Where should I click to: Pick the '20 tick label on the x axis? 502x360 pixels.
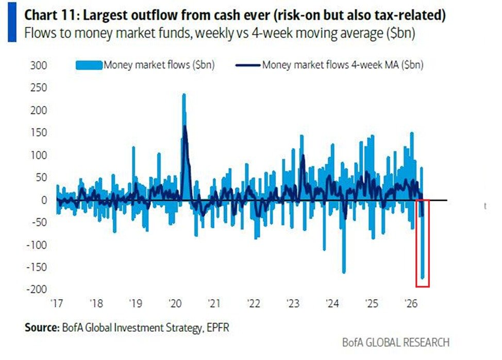tap(174, 304)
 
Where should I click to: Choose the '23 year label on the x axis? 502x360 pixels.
tap(293, 304)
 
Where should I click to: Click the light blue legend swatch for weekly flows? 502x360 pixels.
tap(89, 65)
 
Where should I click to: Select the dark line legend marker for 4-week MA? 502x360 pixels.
tap(248, 65)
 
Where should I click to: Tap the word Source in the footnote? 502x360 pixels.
tap(40, 327)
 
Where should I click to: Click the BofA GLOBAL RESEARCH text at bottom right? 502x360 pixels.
tap(395, 342)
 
